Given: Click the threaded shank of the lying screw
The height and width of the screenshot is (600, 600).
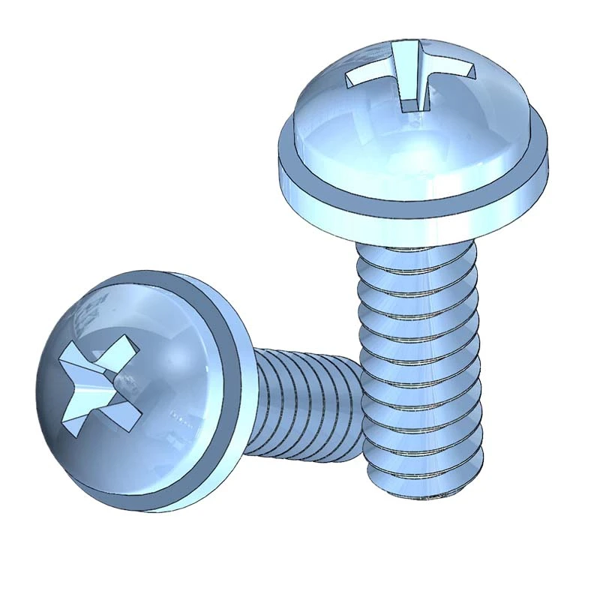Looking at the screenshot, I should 300,405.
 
